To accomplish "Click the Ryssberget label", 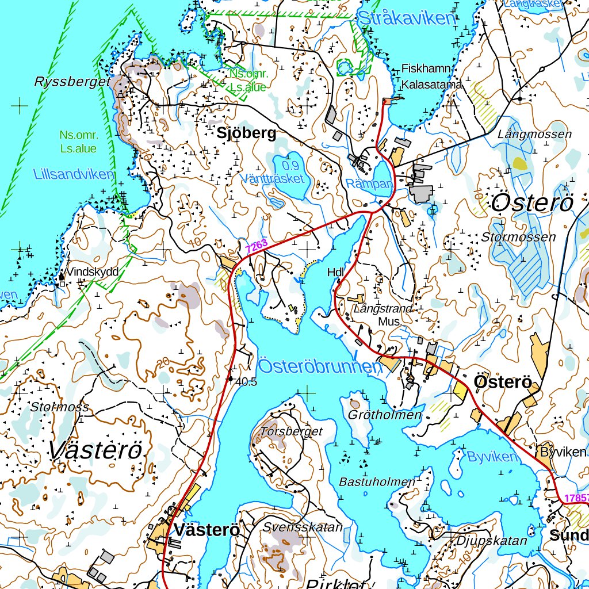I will (x=71, y=82).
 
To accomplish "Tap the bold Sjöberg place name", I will (x=246, y=133).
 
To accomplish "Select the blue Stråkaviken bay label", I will (x=406, y=18).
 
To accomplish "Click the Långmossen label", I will (x=535, y=134).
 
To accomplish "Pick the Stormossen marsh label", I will (x=519, y=237).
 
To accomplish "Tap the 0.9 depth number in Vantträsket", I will (x=291, y=166).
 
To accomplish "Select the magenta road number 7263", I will (x=257, y=246).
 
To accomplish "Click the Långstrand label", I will (x=383, y=309).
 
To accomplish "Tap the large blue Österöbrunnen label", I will (x=320, y=366).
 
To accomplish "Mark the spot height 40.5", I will (x=246, y=381).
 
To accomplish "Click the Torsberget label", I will (x=292, y=431).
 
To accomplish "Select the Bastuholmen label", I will (x=377, y=481).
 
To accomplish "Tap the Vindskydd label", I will (x=92, y=271).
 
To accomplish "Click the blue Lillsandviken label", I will (x=74, y=174).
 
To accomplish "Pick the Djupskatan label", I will (x=492, y=541).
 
